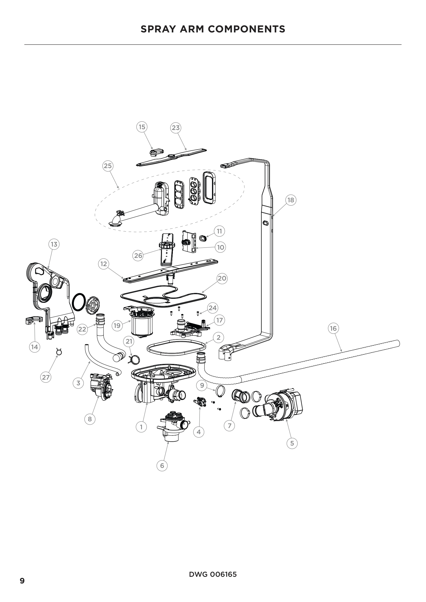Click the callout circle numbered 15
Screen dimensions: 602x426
(x=142, y=127)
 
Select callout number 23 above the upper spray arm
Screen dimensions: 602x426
(x=175, y=128)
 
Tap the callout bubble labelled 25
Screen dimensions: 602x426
(x=108, y=166)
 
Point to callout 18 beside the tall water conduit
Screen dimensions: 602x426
(x=291, y=200)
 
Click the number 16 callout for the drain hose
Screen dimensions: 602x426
(x=333, y=328)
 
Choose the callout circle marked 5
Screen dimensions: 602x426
(x=292, y=443)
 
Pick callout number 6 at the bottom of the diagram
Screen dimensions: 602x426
(x=162, y=466)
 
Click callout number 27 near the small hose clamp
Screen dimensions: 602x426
(x=46, y=377)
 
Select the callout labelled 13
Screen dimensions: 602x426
(x=54, y=244)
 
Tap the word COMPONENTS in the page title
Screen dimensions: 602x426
(x=246, y=29)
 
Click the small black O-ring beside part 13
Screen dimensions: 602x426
(x=79, y=302)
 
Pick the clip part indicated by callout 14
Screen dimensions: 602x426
(x=34, y=320)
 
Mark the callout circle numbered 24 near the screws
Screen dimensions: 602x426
(x=212, y=308)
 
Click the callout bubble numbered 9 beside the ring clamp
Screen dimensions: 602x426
(x=202, y=385)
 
